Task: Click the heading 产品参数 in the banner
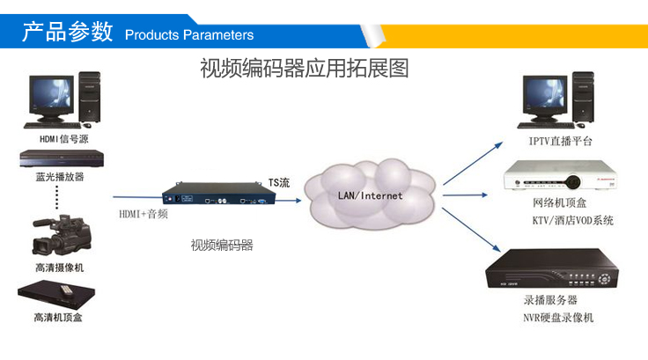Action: [x=67, y=33]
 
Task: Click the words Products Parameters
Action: [x=189, y=35]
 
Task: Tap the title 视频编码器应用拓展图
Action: [x=305, y=68]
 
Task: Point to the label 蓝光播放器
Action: [x=60, y=176]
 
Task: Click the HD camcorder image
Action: [x=57, y=233]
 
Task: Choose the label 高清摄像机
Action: [x=60, y=267]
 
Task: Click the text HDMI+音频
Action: [x=144, y=214]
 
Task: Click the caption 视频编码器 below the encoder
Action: [x=222, y=246]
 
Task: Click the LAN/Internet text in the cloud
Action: [x=370, y=195]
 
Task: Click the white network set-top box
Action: [x=556, y=177]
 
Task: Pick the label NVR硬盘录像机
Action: [x=558, y=317]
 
